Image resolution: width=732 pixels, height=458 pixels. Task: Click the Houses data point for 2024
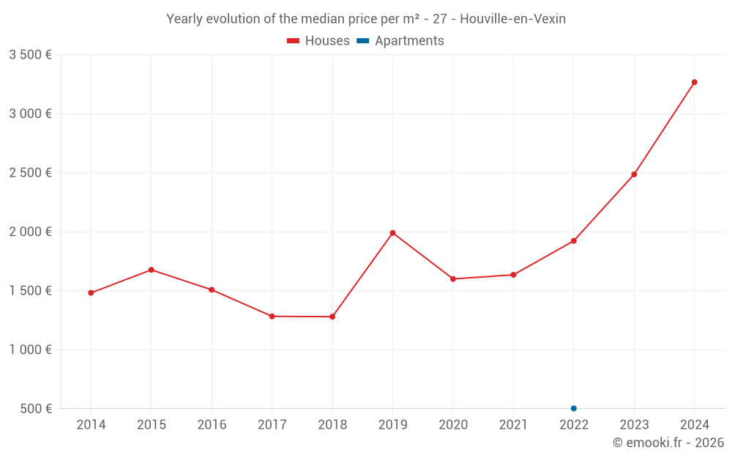[x=694, y=82]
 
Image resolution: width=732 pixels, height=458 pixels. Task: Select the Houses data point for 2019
[x=392, y=233]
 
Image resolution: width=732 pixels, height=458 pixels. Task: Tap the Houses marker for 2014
[x=91, y=293]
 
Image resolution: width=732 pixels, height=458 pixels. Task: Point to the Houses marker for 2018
[x=332, y=317]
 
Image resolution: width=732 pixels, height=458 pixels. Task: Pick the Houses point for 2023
[x=634, y=174]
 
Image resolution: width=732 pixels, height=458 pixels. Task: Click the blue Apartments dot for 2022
[x=574, y=408]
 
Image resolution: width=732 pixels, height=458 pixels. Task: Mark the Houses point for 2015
[x=152, y=270]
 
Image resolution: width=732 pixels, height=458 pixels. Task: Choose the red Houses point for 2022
[x=574, y=240]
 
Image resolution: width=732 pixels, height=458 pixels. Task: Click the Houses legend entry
[x=318, y=41]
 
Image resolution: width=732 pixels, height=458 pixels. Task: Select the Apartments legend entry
[x=400, y=41]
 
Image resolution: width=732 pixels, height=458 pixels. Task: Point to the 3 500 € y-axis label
[x=30, y=55]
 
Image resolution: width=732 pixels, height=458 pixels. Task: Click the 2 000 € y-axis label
[x=30, y=232]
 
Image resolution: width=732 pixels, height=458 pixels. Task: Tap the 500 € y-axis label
[x=36, y=408]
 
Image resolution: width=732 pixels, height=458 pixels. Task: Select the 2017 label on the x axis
[x=272, y=425]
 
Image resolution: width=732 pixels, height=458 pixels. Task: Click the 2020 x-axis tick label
[x=453, y=425]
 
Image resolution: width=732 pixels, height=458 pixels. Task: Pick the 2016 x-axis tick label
[x=212, y=425]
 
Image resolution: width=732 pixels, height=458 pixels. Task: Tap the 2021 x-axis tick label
[x=513, y=425]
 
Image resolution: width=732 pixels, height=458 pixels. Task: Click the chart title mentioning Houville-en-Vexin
[x=366, y=19]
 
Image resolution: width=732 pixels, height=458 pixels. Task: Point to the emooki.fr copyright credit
[x=668, y=443]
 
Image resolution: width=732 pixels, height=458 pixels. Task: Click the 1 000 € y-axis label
[x=30, y=350]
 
